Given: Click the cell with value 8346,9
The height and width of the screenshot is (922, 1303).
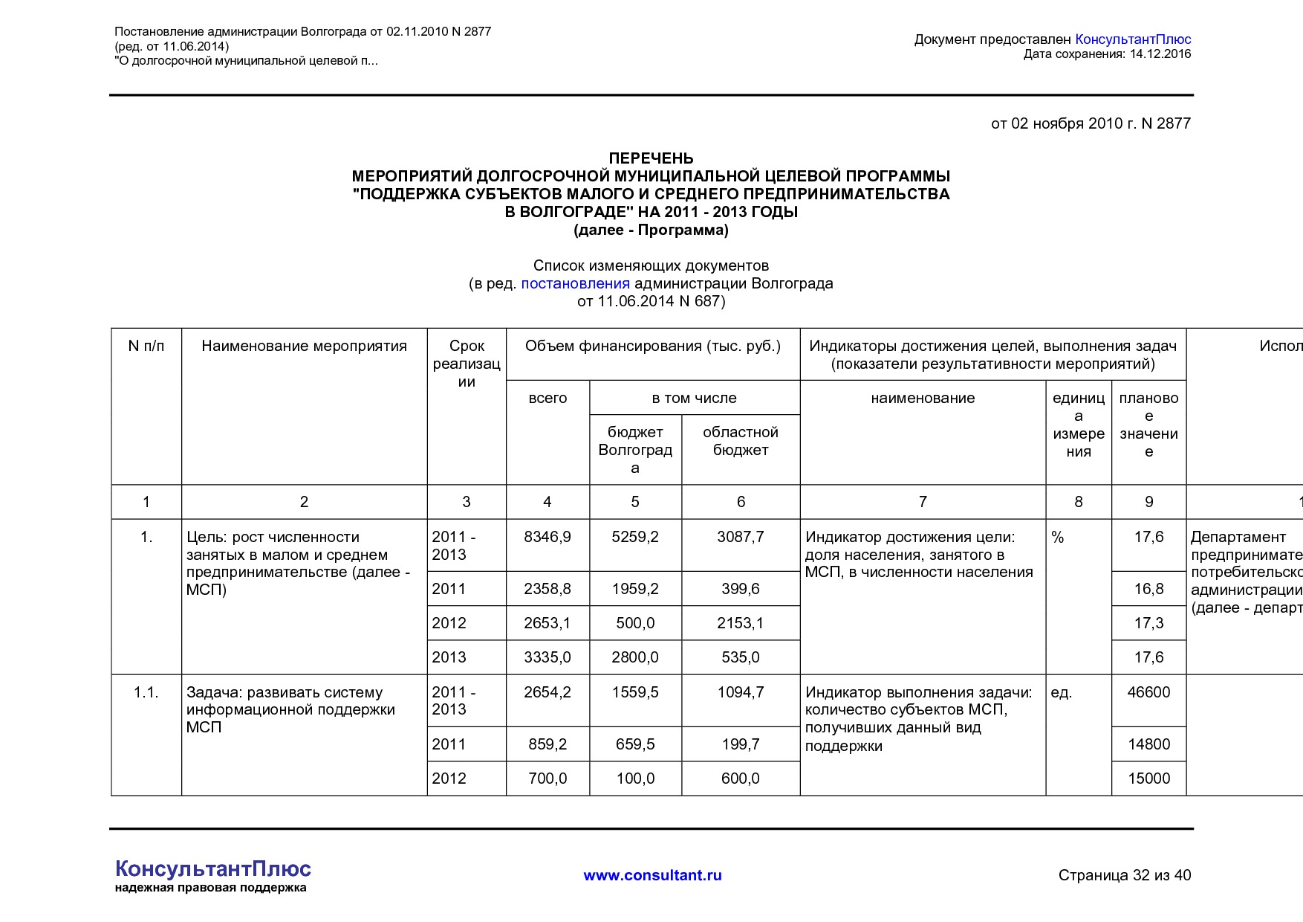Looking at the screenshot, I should coord(547,537).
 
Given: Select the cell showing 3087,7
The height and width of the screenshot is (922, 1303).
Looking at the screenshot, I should coord(741,537).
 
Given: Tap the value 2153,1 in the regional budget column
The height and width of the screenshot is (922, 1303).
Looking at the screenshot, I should coord(741,623).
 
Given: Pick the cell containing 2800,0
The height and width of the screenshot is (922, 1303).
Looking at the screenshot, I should coord(635,657).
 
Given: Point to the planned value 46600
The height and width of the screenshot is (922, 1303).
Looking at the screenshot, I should coord(1148,692).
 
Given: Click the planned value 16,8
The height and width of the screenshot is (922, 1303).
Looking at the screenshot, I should coord(1148,589).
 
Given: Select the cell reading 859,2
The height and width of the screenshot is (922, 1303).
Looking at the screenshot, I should coord(547,744).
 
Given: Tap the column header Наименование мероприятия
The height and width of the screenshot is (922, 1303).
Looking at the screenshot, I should coord(304,346).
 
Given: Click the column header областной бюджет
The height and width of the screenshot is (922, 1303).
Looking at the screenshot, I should coord(741,441).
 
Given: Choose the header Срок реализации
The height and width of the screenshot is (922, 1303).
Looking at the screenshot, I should coord(467,364).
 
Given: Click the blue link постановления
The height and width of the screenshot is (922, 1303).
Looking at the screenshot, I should coord(575,283).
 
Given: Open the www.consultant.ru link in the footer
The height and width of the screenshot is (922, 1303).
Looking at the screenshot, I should coord(652,875).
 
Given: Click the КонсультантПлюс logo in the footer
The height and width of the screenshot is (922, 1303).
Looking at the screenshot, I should coord(213,869).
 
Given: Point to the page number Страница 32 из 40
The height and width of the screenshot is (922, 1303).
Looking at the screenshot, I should coord(1124,875).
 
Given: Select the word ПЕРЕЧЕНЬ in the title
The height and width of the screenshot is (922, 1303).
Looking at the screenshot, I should coord(651,158).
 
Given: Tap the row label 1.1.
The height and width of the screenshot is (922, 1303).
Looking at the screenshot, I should coord(146,692).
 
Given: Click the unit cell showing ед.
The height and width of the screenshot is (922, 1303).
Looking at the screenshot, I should coord(1062,692).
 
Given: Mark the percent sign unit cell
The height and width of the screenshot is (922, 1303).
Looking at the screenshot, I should coord(1058,538).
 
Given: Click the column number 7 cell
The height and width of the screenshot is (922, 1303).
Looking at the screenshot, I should coord(923,502).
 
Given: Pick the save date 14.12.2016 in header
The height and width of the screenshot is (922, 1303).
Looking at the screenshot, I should coord(1160,54).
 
